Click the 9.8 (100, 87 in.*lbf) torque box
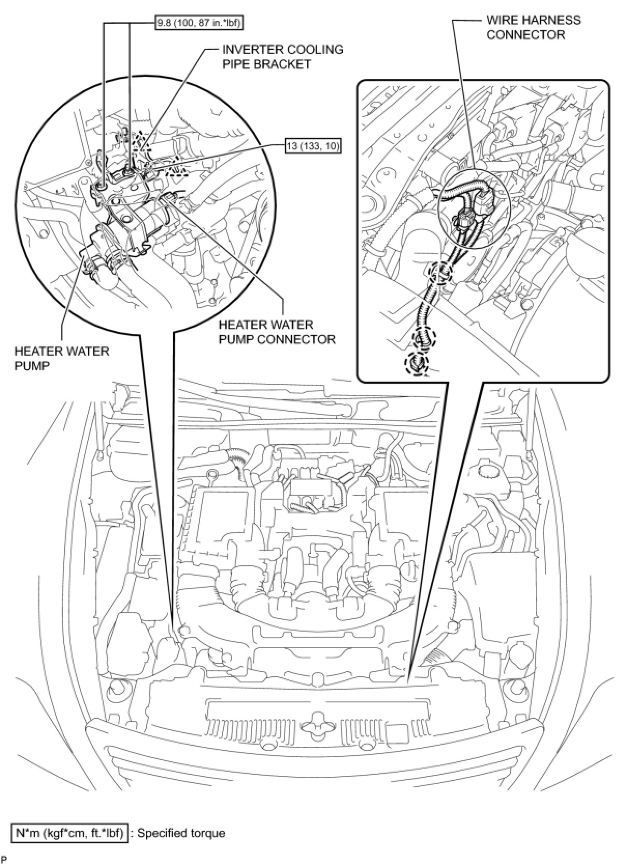pos(199,23)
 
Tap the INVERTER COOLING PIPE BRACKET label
pos(282,57)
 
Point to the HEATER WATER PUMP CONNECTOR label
pos(277,332)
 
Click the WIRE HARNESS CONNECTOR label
pos(533,27)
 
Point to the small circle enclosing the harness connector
pos(474,206)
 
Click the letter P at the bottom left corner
pos(5,861)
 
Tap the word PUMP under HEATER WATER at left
pos(32,366)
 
